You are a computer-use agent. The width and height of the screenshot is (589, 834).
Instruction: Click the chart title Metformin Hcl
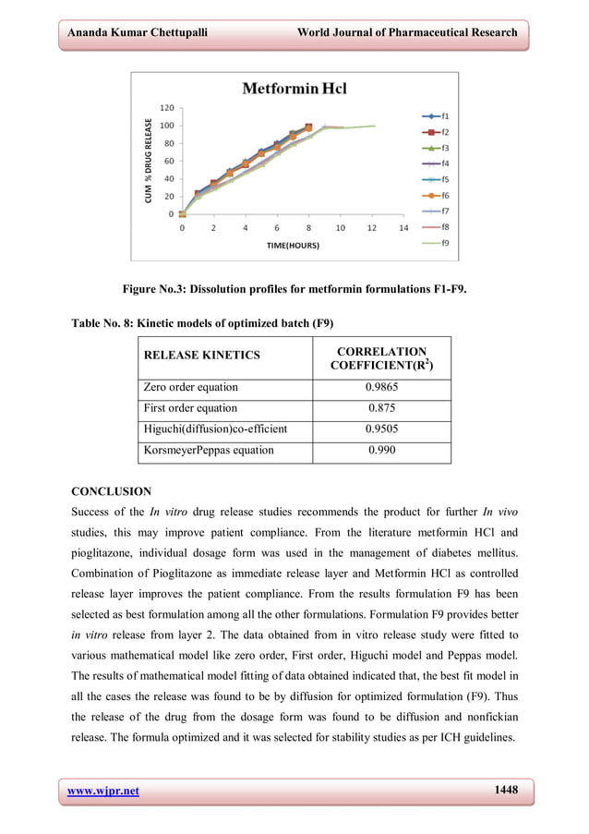coord(294,90)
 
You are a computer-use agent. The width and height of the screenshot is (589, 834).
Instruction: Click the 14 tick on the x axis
coord(403,227)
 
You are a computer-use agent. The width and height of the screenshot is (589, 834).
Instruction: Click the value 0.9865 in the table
coord(381,387)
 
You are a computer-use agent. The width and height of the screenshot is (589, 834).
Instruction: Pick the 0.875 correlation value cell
coord(381,408)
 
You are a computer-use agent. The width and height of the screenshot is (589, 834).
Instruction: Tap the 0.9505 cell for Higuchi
coord(381,429)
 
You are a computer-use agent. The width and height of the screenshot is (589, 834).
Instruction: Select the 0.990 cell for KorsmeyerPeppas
coord(381,451)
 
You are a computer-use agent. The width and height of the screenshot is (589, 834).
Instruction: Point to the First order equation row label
coord(190,408)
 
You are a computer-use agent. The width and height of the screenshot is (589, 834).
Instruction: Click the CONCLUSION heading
coord(112,491)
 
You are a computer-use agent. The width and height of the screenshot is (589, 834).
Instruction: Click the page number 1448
coord(505,790)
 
